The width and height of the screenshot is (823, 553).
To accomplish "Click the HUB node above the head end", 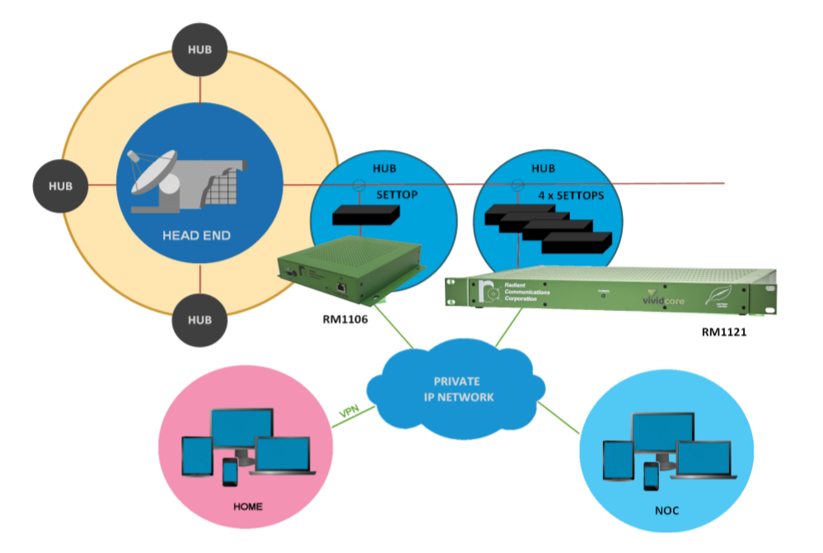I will (200, 49).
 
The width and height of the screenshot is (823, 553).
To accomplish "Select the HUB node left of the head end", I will (61, 185).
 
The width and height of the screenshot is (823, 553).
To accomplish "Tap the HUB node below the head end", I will (200, 319).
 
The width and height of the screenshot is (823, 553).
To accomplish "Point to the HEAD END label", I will (197, 236).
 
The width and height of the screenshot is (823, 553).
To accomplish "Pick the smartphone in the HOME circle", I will (231, 472).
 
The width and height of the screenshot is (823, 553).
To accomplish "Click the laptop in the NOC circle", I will (703, 461).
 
